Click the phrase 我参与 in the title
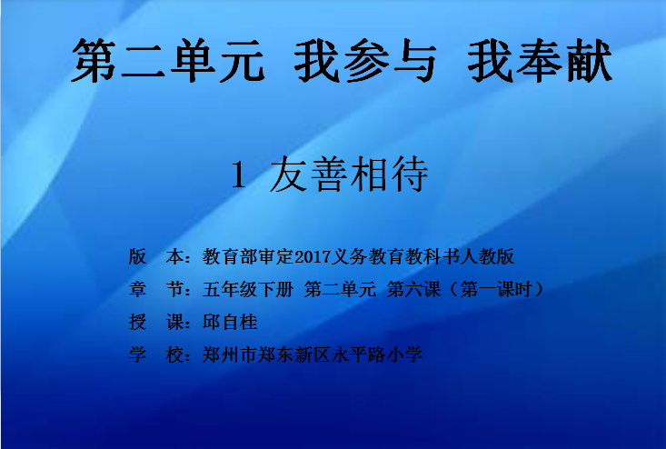(365, 60)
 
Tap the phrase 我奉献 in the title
(540, 60)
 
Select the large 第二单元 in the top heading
(169, 60)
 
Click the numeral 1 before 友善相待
(239, 175)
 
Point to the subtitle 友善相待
(349, 175)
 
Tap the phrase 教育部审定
(248, 256)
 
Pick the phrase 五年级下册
(248, 290)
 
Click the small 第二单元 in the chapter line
(340, 290)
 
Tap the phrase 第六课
(413, 290)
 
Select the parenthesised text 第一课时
(496, 290)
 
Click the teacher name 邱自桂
(230, 323)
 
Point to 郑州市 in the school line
(230, 354)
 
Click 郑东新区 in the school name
(293, 354)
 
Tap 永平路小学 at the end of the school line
(377, 354)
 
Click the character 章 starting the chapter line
(137, 290)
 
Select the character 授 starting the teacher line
(137, 323)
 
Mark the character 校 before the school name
(174, 354)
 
